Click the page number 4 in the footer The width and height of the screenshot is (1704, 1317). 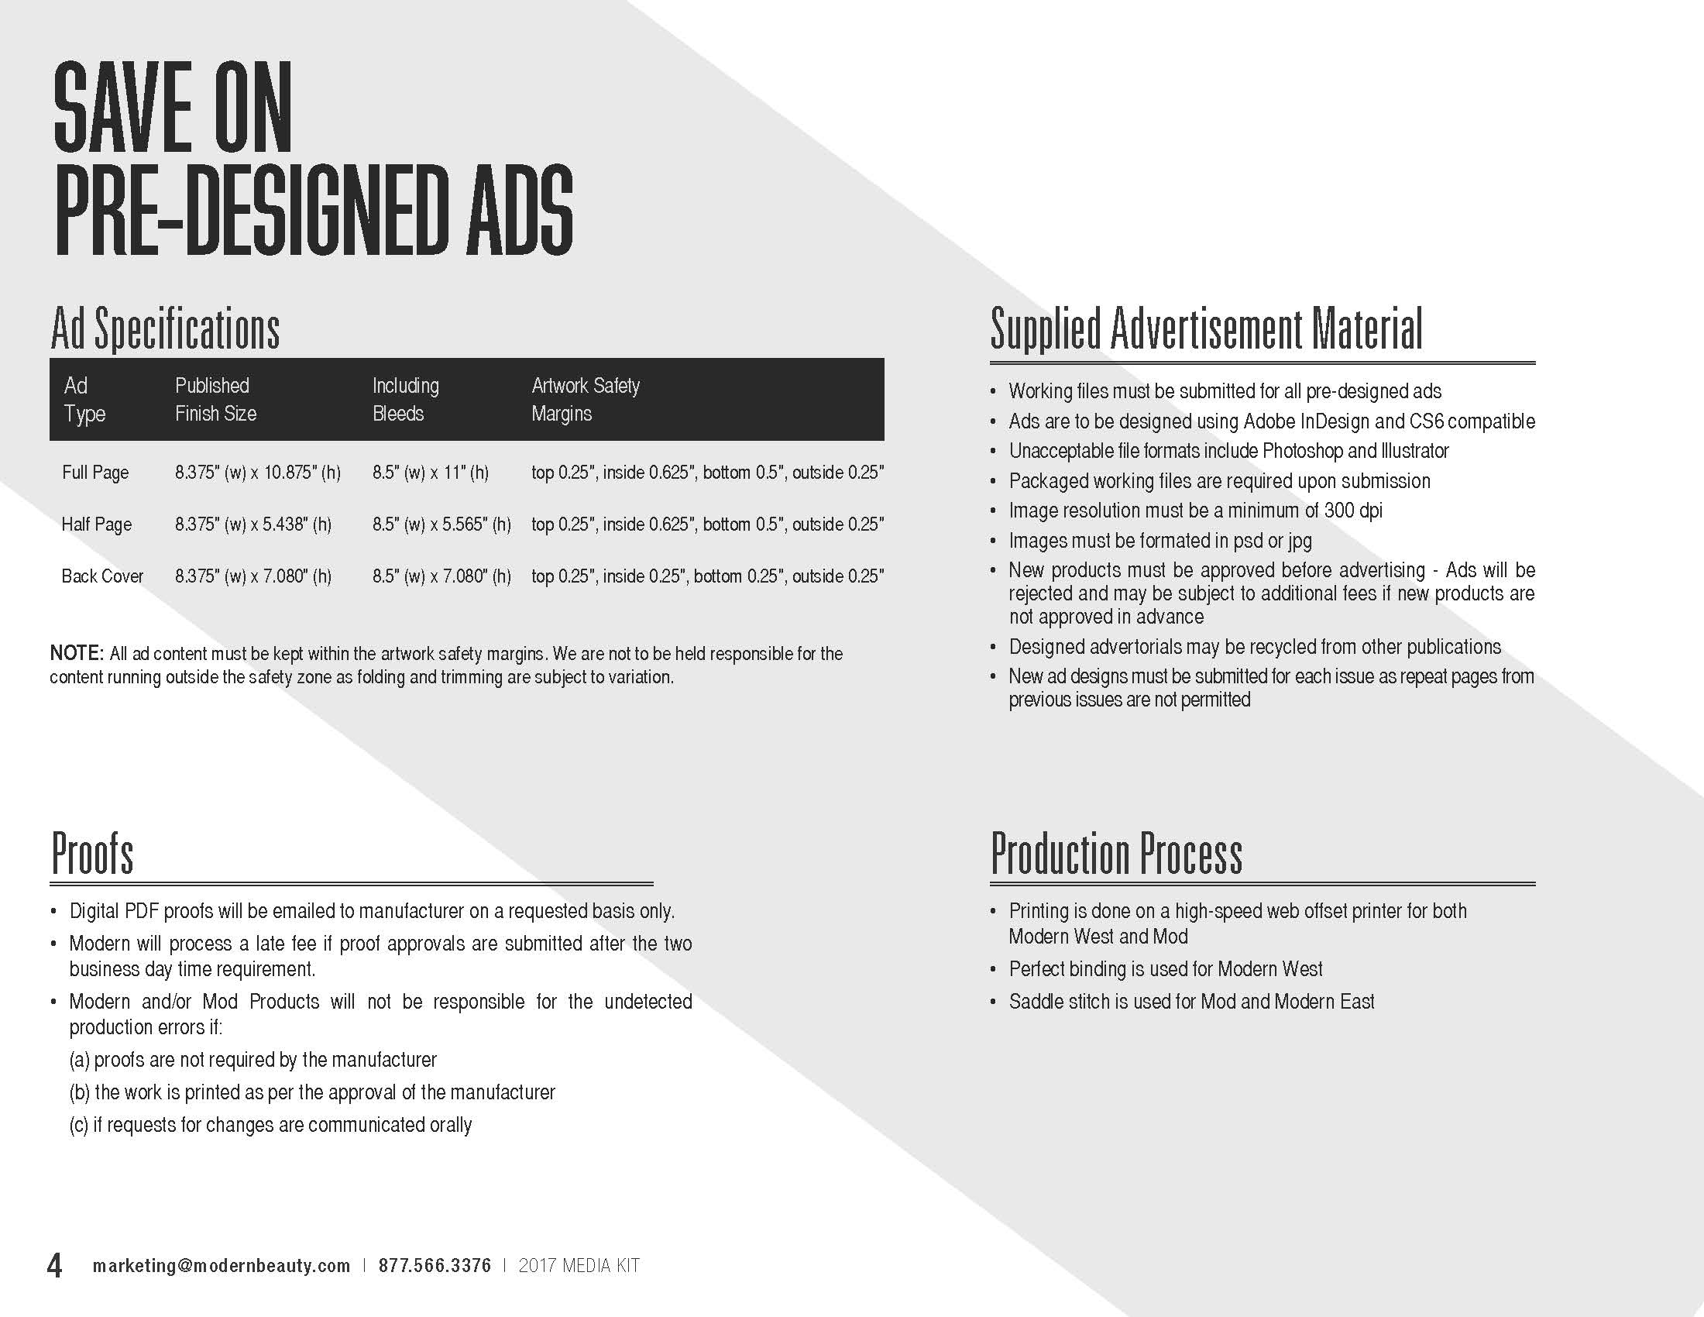tap(55, 1265)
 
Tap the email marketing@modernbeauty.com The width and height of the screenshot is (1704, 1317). tap(222, 1266)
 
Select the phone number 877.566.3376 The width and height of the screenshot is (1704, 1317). tap(435, 1266)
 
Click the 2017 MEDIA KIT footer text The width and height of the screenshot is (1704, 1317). tap(579, 1266)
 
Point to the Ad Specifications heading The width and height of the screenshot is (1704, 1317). tap(165, 329)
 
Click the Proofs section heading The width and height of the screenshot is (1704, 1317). tap(92, 855)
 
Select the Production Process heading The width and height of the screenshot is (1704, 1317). tap(1115, 855)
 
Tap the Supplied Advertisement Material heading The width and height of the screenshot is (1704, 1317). tap(1206, 329)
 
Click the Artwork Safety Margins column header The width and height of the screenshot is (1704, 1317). tap(585, 400)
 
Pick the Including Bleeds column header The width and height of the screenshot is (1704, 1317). tap(406, 400)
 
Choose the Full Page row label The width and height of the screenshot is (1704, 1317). tap(95, 473)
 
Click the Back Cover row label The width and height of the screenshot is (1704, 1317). tap(102, 576)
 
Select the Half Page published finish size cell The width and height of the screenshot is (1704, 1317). tap(253, 524)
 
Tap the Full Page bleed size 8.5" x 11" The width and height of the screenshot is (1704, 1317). tap(431, 473)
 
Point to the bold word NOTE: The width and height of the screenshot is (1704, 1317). tap(77, 653)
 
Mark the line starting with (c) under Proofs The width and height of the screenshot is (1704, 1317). tap(271, 1125)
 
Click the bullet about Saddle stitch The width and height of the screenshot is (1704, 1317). tap(1190, 1002)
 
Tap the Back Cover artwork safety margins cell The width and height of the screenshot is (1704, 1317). tap(707, 576)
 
